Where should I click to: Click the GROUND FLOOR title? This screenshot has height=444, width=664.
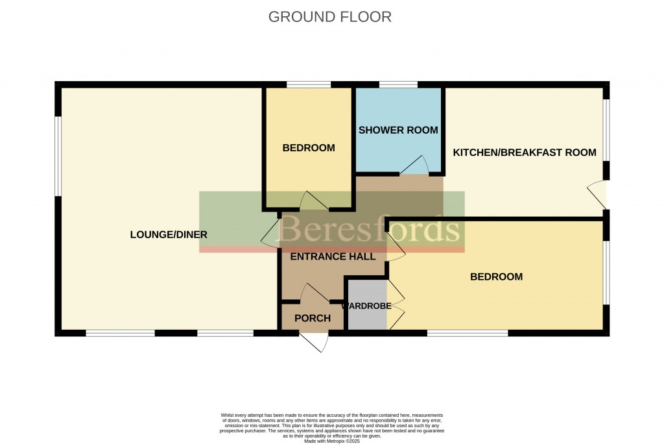(330, 17)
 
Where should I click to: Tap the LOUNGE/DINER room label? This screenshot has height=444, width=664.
(169, 234)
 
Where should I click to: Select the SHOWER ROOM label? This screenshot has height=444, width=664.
(398, 130)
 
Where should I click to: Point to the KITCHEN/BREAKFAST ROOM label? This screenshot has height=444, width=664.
(524, 153)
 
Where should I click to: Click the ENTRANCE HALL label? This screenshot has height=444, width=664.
(333, 256)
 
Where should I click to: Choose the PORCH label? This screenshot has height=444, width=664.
(313, 318)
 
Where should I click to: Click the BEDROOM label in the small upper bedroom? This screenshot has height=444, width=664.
(309, 148)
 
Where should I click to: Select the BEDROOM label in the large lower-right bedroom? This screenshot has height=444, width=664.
(496, 277)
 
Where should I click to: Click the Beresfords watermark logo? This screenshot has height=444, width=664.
(370, 228)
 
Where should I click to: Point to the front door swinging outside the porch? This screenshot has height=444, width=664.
(313, 341)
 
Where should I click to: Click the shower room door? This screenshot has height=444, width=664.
(415, 166)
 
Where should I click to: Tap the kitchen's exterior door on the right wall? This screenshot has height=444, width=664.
(597, 195)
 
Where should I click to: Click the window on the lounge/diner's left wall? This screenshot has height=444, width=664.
(58, 156)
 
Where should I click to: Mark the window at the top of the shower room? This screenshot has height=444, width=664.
(398, 84)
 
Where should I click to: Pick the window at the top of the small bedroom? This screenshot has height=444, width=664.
(309, 84)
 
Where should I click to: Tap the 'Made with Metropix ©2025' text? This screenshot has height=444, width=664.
(331, 441)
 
